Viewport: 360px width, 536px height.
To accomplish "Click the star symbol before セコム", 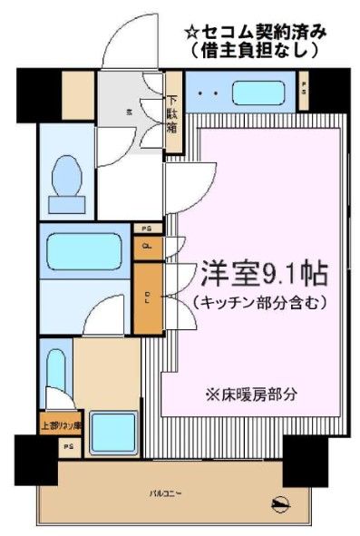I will (191, 33).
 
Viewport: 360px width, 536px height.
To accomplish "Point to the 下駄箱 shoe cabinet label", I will (171, 115).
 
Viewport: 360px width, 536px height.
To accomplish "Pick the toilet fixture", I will (66, 178).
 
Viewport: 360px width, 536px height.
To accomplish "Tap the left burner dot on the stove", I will (200, 93).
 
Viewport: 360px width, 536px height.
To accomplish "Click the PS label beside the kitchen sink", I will (303, 92).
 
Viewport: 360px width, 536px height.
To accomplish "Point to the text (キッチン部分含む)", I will (259, 301).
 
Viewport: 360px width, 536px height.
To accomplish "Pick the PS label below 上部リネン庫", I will (68, 447).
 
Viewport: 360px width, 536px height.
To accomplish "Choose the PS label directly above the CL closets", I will (145, 229).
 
